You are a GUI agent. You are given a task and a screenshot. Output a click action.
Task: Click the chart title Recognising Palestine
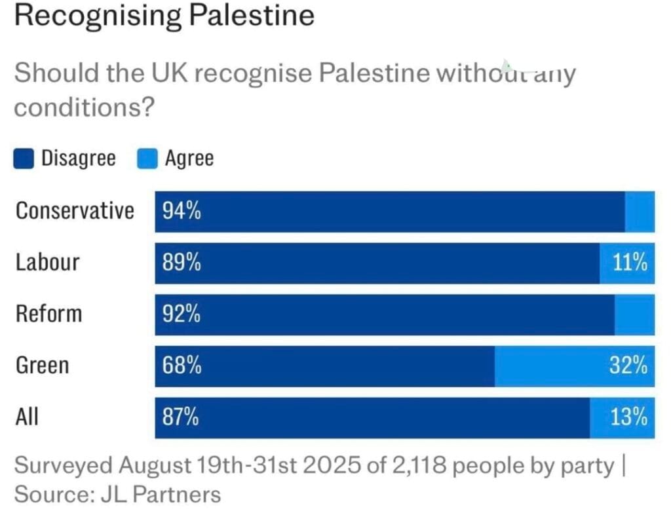pyautogui.click(x=164, y=16)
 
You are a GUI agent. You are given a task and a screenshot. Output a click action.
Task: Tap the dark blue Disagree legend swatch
pyautogui.click(x=24, y=159)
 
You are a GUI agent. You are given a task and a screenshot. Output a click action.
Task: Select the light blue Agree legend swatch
pyautogui.click(x=147, y=159)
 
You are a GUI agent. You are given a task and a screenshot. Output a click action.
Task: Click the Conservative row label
pyautogui.click(x=75, y=211)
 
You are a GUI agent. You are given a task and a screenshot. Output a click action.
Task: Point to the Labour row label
pyautogui.click(x=48, y=262)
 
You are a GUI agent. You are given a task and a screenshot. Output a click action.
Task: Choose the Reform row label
pyautogui.click(x=49, y=314)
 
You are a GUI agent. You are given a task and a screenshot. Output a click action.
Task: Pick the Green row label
pyautogui.click(x=42, y=365)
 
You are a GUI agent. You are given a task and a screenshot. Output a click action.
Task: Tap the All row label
pyautogui.click(x=27, y=417)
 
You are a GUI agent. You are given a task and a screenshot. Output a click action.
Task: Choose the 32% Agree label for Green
pyautogui.click(x=629, y=366)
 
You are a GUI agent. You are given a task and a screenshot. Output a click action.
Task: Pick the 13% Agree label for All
pyautogui.click(x=629, y=417)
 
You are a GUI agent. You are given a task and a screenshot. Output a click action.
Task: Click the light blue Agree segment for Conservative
pyautogui.click(x=640, y=211)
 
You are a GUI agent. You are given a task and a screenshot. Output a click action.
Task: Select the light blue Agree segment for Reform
pyautogui.click(x=634, y=315)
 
